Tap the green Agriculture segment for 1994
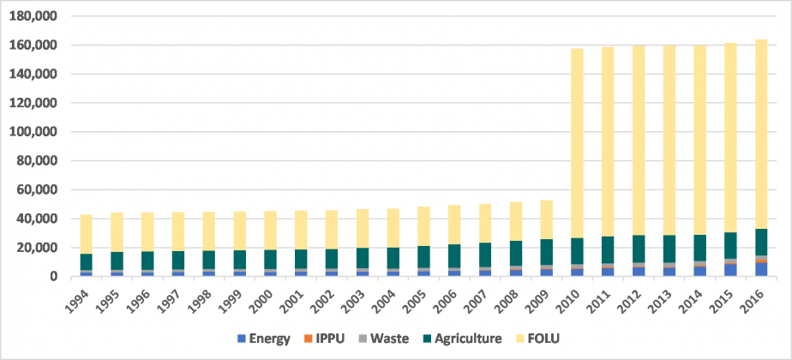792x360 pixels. click(86, 261)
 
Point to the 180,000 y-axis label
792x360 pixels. click(33, 16)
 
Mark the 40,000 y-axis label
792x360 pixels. click(37, 219)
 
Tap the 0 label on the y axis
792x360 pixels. click(52, 277)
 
